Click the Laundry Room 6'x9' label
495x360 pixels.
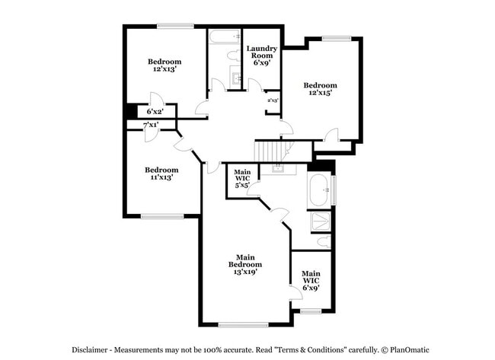click(x=261, y=56)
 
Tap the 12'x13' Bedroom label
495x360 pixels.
click(x=164, y=66)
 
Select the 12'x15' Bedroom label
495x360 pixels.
click(x=320, y=89)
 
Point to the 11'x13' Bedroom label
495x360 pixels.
click(x=161, y=173)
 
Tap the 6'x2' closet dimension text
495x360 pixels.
click(x=155, y=111)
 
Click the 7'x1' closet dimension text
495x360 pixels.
click(x=150, y=124)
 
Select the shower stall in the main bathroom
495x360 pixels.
click(x=318, y=221)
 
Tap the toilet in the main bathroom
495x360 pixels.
click(x=323, y=243)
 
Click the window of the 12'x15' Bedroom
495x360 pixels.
click(x=336, y=37)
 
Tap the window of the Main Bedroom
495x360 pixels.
click(x=243, y=325)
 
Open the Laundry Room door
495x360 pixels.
click(x=255, y=86)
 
